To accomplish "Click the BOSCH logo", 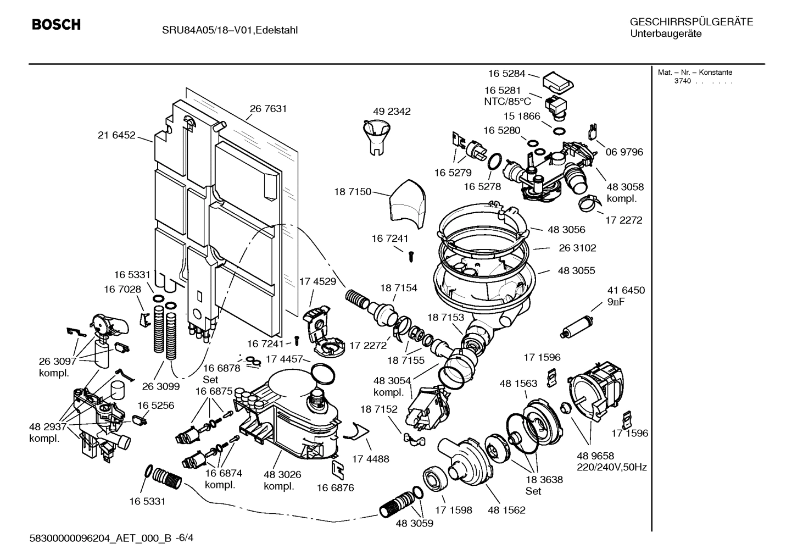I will click(56, 25).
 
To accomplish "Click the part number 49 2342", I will click(392, 112).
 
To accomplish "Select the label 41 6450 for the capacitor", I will click(626, 290).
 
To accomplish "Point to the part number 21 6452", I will click(116, 135).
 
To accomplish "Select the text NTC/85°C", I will click(507, 102).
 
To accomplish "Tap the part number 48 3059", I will click(414, 524).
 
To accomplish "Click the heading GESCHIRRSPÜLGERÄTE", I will click(691, 22).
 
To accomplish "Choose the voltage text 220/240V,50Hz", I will click(611, 468).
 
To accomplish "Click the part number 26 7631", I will click(269, 109).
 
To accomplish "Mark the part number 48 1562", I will click(506, 510).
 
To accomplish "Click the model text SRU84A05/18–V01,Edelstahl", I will click(230, 30).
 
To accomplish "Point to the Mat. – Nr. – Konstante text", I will click(695, 73).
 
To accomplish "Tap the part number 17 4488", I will click(370, 459).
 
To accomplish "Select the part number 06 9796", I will click(624, 152).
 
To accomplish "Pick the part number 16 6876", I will click(335, 487).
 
